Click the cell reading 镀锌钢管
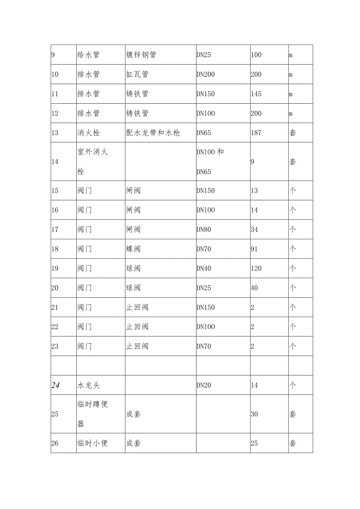[x=141, y=55]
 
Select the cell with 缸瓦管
[x=137, y=74]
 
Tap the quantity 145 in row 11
[x=256, y=94]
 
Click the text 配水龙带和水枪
[x=153, y=133]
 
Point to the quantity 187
[x=256, y=133]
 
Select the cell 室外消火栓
[x=92, y=161]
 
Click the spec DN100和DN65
[x=210, y=161]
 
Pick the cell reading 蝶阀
[x=133, y=249]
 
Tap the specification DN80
[x=203, y=229]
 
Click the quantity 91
[x=254, y=249]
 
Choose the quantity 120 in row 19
[x=256, y=268]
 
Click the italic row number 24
[x=55, y=385]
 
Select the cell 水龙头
[x=88, y=385]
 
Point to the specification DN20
[x=203, y=385]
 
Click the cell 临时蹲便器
[x=92, y=414]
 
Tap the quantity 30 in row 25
[x=254, y=414]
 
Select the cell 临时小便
[x=92, y=443]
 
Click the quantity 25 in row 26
[x=254, y=443]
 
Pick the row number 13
[x=55, y=133]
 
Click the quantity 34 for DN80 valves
[x=254, y=229]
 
